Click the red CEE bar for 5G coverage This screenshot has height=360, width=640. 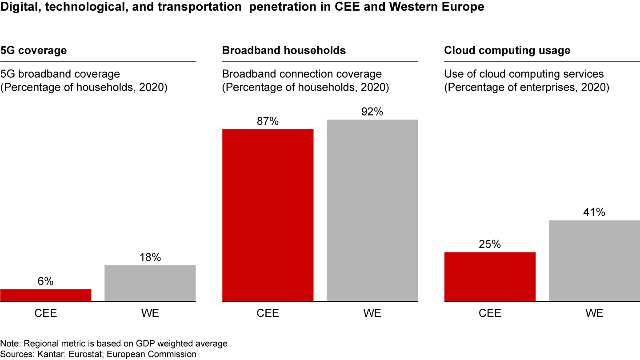(x=46, y=295)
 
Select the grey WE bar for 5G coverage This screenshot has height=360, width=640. (x=150, y=284)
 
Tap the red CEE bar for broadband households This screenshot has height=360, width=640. (x=268, y=215)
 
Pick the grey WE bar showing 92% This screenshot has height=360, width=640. (x=372, y=211)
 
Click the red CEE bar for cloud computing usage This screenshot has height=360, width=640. (x=490, y=276)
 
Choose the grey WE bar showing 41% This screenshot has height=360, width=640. (x=594, y=260)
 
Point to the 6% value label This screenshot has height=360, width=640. (x=46, y=281)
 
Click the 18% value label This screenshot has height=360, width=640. (x=150, y=257)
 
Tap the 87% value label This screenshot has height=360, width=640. (x=268, y=121)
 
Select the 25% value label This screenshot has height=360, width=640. (x=490, y=244)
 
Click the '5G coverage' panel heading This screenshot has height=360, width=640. (x=33, y=51)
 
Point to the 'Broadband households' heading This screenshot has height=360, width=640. (x=284, y=51)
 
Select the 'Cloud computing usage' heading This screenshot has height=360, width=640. (x=507, y=51)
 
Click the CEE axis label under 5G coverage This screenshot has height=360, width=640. (x=46, y=313)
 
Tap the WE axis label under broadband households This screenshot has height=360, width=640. (x=372, y=313)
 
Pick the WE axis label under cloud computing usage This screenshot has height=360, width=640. (x=594, y=313)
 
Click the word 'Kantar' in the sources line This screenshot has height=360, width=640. (x=44, y=354)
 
